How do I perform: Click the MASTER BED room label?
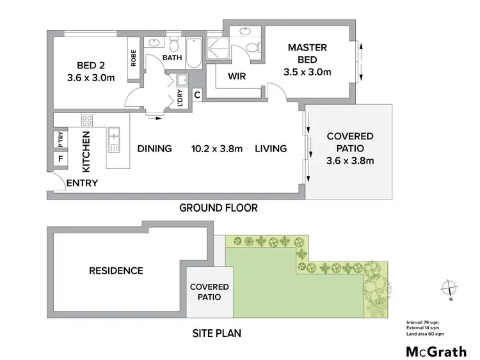[x=307, y=54]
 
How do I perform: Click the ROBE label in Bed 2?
[x=133, y=59]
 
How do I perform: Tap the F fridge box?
[x=61, y=157]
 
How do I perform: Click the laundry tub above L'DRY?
[x=181, y=80]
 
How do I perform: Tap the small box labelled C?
[x=197, y=95]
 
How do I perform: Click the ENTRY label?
[x=83, y=183]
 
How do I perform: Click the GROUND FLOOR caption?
[x=218, y=208]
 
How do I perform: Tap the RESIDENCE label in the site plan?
[x=115, y=270]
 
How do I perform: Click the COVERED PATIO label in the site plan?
[x=209, y=292]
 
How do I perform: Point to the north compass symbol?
[x=450, y=290]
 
